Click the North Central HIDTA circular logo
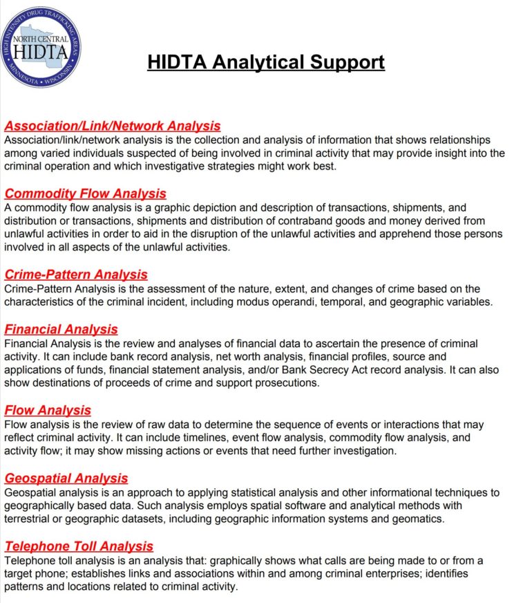[41, 47]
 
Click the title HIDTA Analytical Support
[266, 62]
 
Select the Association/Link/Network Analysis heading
[113, 126]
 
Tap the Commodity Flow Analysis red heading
[86, 194]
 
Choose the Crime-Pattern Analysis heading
[76, 275]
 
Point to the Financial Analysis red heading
[61, 329]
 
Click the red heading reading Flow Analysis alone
[48, 410]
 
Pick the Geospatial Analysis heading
[66, 478]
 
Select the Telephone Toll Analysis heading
[79, 546]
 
